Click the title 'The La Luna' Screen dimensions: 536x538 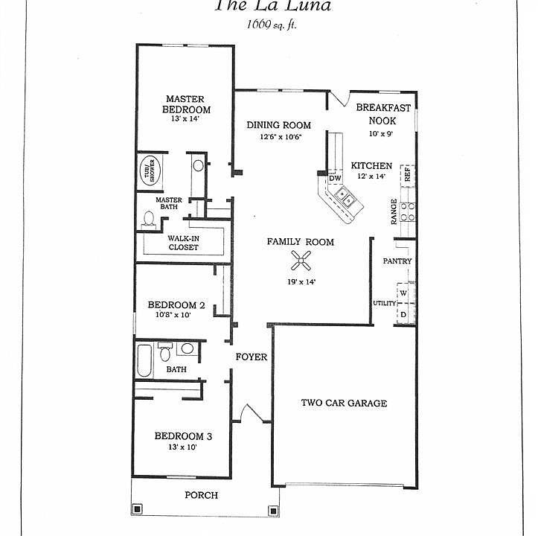point(273,7)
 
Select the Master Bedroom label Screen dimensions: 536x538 point(185,104)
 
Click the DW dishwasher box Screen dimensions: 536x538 point(335,179)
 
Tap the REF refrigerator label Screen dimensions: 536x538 point(407,174)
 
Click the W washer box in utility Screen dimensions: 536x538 point(403,293)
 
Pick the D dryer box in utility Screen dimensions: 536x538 point(403,314)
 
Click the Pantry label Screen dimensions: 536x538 point(397,261)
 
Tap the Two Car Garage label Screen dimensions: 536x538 point(344,403)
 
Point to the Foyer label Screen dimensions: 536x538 point(252,357)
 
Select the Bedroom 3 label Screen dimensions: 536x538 point(183,436)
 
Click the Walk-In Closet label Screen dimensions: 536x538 point(183,243)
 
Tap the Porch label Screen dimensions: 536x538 point(201,496)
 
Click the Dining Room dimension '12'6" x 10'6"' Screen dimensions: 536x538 point(279,137)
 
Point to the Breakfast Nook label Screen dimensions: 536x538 point(382,113)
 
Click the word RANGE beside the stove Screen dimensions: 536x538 point(394,212)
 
